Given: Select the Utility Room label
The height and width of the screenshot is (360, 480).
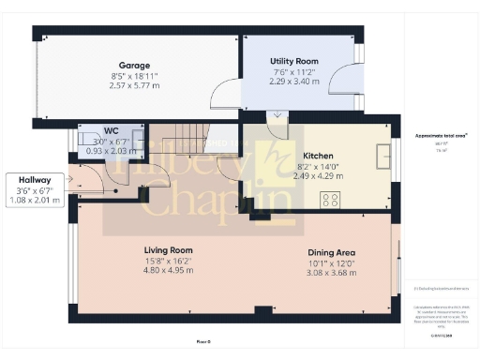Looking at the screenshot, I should (x=268, y=61).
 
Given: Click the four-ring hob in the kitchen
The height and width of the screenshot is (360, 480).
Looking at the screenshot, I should (x=330, y=199).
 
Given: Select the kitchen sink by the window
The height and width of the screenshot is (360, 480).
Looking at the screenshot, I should (x=382, y=154).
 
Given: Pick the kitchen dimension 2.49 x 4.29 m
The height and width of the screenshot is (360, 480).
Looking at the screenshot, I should (x=312, y=175).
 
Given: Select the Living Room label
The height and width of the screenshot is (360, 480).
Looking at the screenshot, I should (x=168, y=250).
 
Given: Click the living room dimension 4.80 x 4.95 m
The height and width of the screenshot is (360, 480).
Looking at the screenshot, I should (x=168, y=270).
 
